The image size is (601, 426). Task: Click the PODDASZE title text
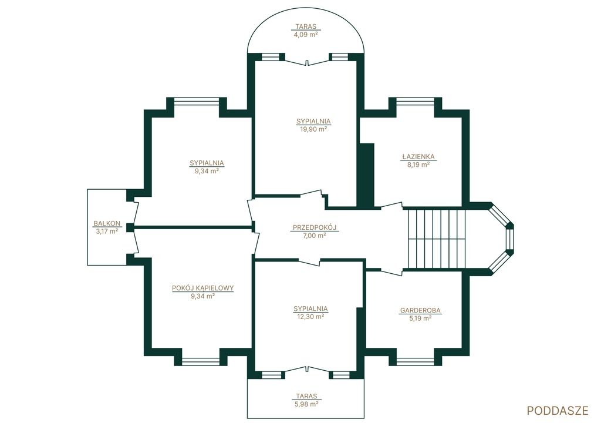[558, 410]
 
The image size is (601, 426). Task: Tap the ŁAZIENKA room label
[418, 156]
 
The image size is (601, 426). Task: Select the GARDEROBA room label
[420, 310]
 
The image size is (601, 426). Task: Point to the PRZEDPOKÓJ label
[315, 227]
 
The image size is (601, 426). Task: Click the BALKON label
[107, 223]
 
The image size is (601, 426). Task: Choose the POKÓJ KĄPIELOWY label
[202, 289]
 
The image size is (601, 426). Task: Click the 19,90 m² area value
[313, 129]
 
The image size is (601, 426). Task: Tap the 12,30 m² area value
[311, 317]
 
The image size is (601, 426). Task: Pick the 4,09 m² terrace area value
[305, 34]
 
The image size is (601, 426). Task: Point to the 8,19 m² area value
[418, 165]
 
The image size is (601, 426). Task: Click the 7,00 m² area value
[315, 236]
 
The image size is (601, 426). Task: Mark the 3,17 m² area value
[107, 232]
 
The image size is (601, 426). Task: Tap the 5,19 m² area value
[420, 318]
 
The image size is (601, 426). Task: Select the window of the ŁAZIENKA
[416, 101]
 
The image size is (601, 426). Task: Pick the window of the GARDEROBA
[416, 361]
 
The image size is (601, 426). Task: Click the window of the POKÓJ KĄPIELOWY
[201, 361]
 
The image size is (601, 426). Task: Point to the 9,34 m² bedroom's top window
[197, 101]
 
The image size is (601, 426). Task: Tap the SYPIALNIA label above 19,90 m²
[313, 122]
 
